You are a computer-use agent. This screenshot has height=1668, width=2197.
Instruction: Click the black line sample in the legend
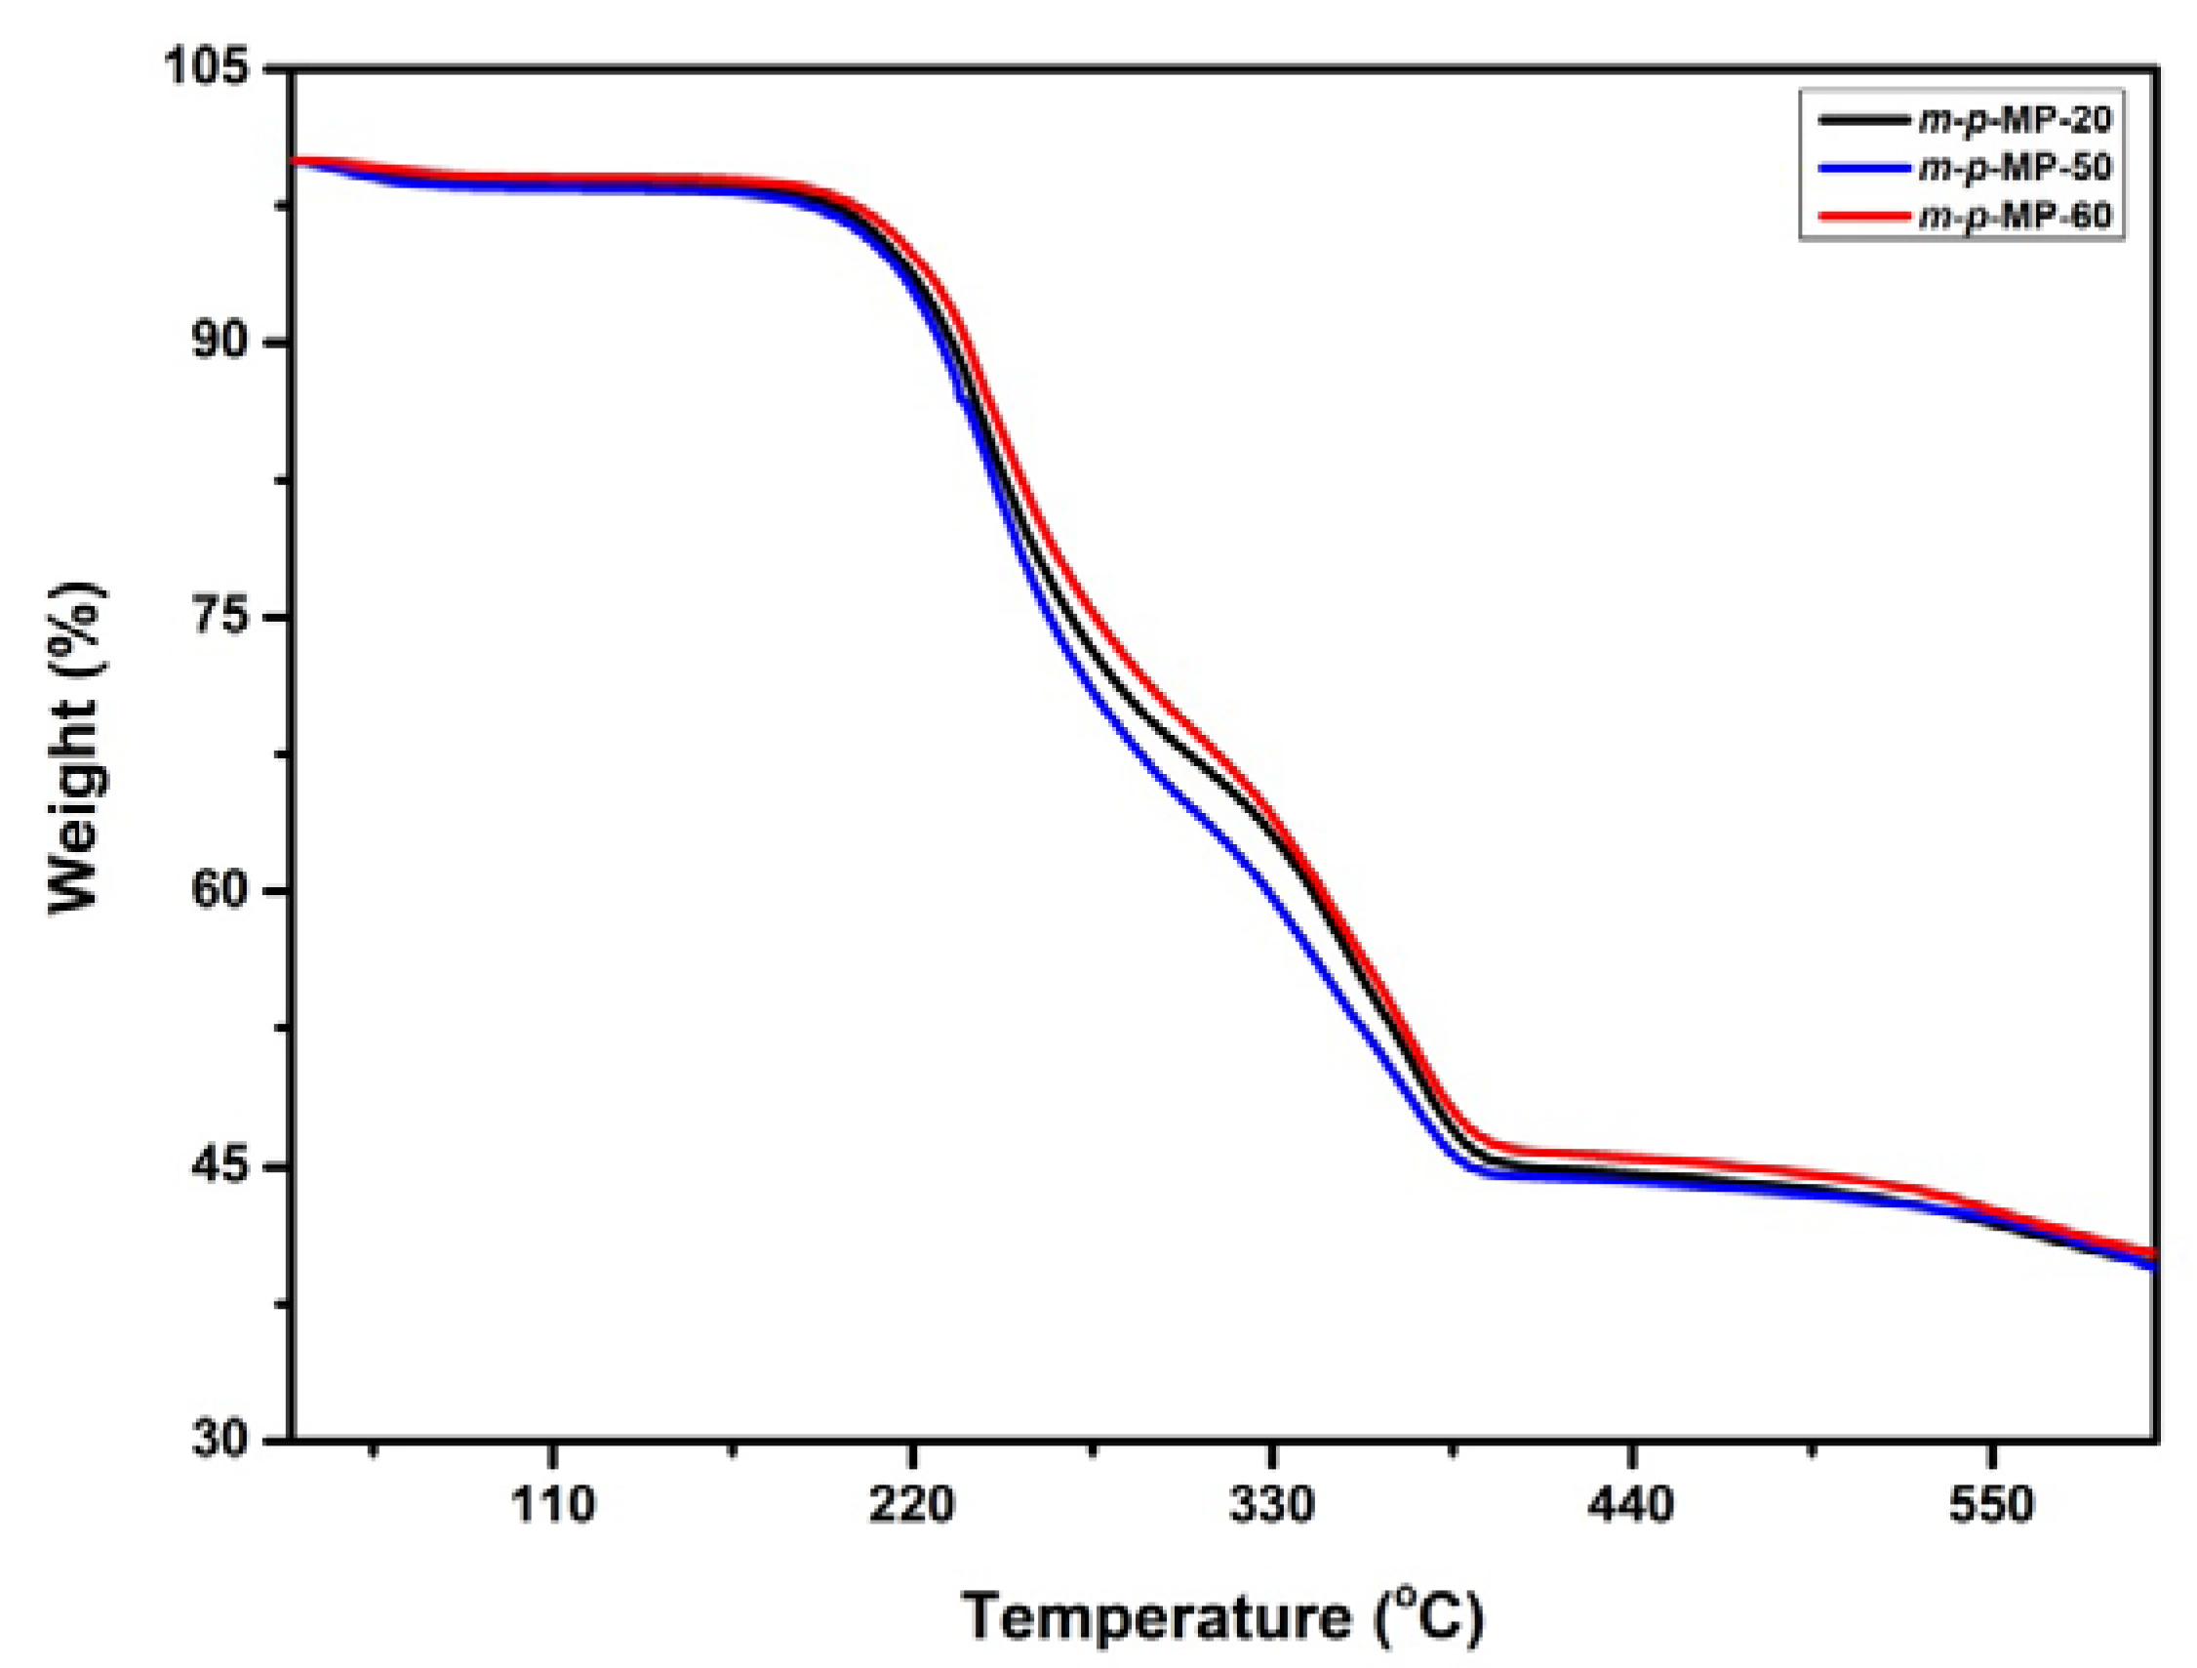tap(1857, 120)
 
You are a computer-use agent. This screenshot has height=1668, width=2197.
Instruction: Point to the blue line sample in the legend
tap(1857, 168)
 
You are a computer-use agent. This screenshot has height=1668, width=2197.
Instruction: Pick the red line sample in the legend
tap(1857, 216)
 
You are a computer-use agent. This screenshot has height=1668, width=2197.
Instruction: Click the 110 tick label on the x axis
tap(552, 1505)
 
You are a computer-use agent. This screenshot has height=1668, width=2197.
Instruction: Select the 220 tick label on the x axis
tap(912, 1505)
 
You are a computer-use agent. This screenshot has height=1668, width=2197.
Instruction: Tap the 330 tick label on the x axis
tap(1271, 1505)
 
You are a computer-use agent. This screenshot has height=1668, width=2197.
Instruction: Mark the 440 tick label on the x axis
tap(1631, 1505)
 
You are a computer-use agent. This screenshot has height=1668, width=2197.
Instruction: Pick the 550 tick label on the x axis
tap(1990, 1505)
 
